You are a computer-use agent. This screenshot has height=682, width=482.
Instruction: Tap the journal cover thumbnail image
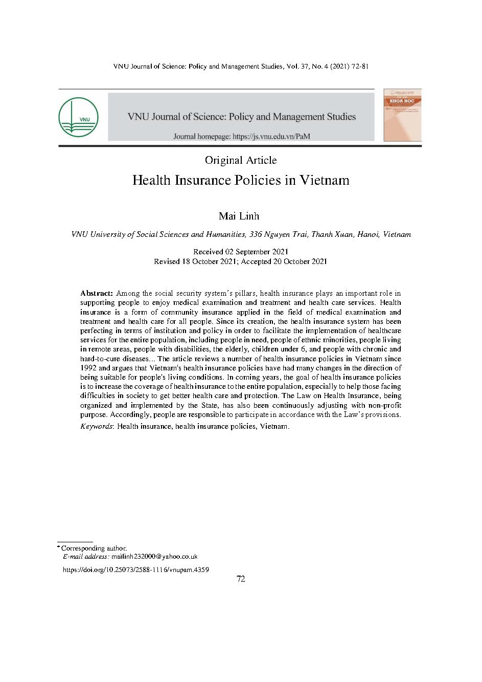[x=402, y=115]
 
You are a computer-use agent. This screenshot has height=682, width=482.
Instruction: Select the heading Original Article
[x=241, y=160]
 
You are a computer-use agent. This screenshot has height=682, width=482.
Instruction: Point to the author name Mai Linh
[x=239, y=216]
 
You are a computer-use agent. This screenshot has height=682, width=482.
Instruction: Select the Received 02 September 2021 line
[x=241, y=252]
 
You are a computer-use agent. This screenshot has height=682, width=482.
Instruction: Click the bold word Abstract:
[x=97, y=293]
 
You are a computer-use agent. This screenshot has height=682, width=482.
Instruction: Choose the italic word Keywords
[x=97, y=426]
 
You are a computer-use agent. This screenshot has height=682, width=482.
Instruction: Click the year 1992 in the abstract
[x=89, y=368]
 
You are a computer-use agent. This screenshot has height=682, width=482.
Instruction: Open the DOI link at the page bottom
[x=135, y=569]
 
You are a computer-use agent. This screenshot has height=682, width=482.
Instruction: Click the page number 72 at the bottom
[x=241, y=579]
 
